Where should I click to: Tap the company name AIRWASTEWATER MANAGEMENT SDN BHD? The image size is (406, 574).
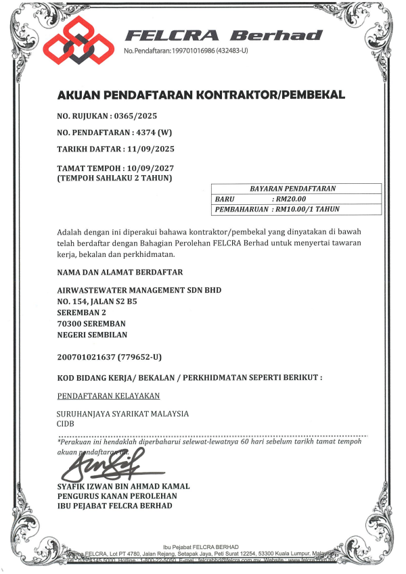[x=139, y=290]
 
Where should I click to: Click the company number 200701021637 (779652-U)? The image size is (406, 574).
[x=110, y=356]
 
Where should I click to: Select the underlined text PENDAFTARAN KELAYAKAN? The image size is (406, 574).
[x=108, y=396]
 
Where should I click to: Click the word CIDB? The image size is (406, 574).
[x=66, y=424]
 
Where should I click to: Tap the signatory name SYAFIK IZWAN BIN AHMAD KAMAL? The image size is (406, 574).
[x=124, y=486]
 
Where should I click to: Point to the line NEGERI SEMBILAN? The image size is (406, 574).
[x=92, y=335]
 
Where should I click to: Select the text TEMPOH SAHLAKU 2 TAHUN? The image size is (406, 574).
[x=115, y=178]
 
